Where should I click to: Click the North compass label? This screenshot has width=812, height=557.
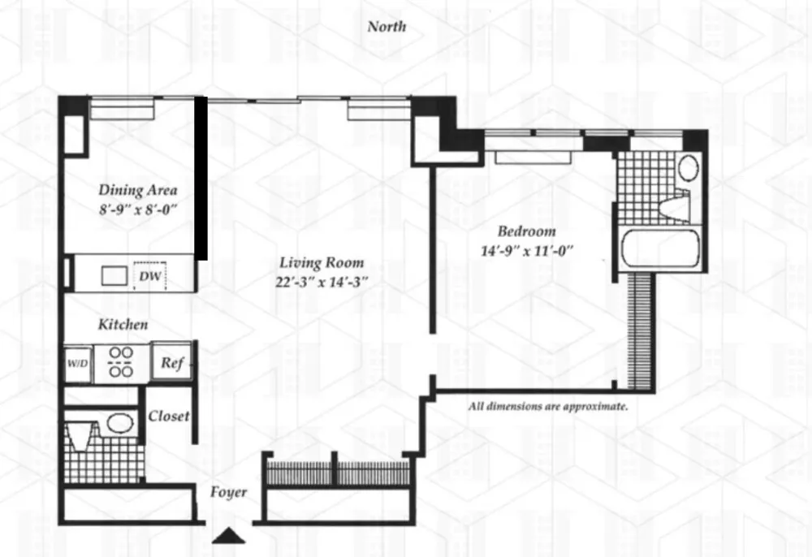387,27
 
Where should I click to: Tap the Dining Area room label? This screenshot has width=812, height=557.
138,190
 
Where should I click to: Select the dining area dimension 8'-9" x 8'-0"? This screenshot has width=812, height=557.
138,209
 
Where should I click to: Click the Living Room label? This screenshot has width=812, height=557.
322,262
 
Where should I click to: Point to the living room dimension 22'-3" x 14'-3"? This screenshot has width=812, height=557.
322,282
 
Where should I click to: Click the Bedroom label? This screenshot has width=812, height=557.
527,231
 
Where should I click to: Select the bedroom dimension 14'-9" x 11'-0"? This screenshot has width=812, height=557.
527,251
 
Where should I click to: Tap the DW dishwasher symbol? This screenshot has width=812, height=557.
150,276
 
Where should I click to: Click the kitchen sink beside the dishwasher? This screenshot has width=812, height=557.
114,276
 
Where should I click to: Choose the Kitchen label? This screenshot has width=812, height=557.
123,325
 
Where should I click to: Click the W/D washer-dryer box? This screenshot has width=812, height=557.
78,364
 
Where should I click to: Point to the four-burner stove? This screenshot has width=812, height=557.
121,362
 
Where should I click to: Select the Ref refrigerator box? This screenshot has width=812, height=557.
172,362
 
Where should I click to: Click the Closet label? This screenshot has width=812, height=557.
169,416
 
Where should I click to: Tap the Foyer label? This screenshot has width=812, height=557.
228,492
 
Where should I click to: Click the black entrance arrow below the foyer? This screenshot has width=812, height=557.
228,536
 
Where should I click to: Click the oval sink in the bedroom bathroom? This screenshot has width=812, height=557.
689,167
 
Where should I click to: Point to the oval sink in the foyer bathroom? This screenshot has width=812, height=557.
119,423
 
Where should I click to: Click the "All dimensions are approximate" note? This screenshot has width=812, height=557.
548,406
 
